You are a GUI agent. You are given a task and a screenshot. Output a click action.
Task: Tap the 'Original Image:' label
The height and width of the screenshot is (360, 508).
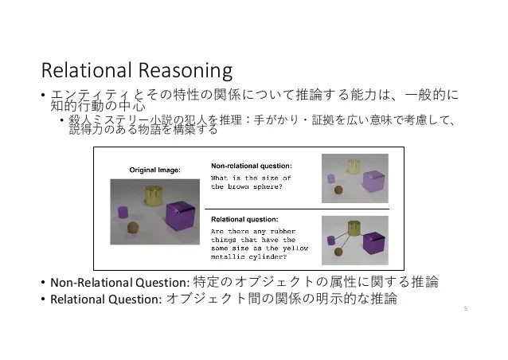pyautogui.click(x=155, y=170)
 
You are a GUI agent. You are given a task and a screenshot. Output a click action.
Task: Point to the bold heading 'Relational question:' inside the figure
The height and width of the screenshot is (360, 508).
pyautogui.click(x=244, y=217)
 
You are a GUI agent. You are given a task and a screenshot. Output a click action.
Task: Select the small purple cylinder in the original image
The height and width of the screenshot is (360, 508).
pyautogui.click(x=123, y=212)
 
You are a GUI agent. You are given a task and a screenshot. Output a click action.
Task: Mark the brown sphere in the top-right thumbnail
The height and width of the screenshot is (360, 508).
pyautogui.click(x=339, y=189)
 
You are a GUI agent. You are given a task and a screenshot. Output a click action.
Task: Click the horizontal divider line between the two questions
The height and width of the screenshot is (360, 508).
pyautogui.click(x=299, y=208)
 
